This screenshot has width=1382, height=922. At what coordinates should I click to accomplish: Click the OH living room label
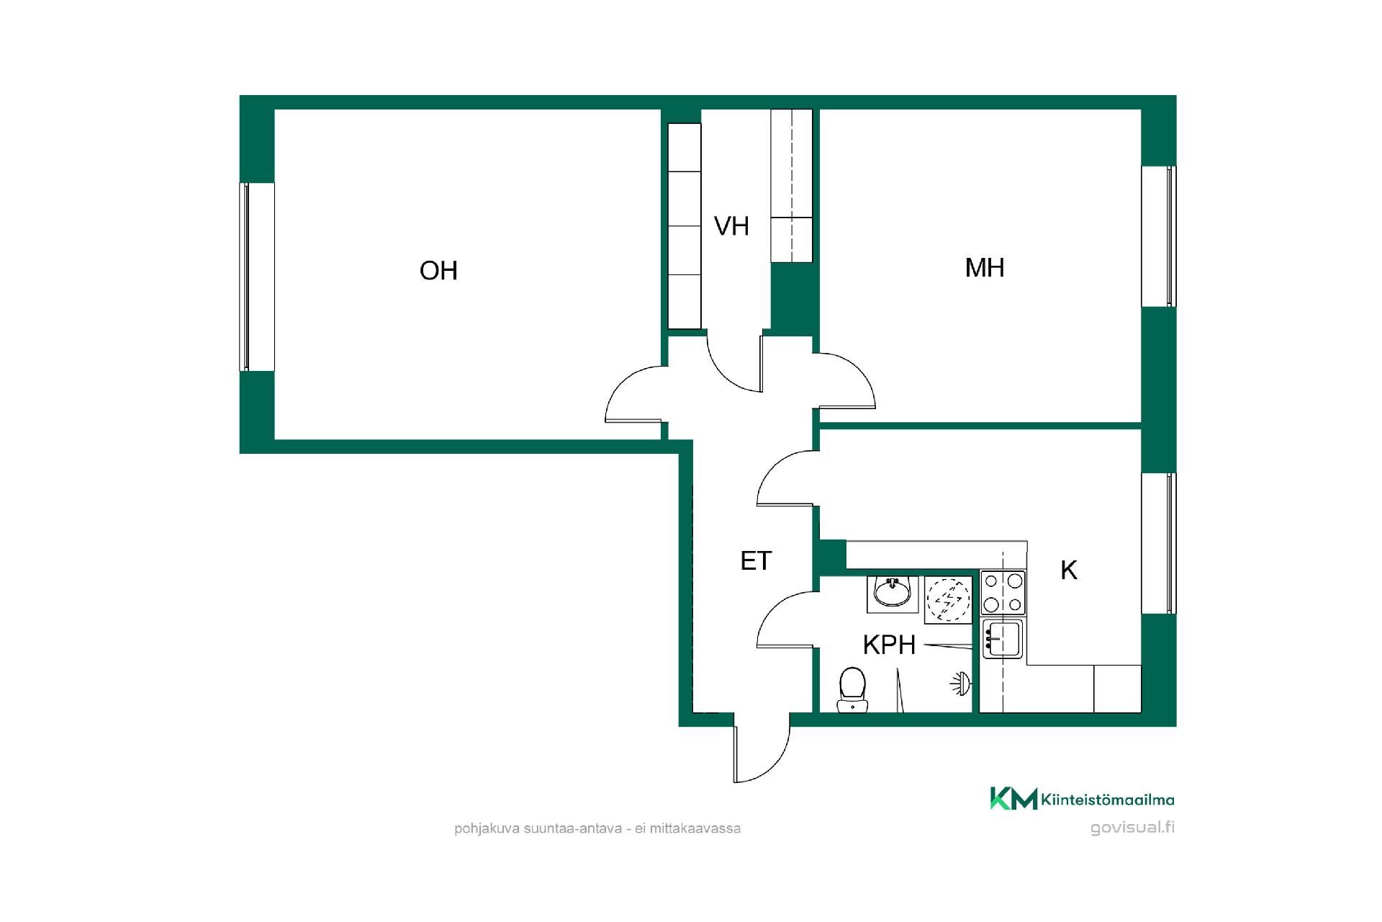(x=438, y=270)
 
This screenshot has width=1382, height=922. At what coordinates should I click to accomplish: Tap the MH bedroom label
(x=984, y=268)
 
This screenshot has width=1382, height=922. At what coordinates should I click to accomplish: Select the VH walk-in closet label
(x=731, y=226)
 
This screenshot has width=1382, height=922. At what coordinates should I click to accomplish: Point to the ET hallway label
(x=756, y=560)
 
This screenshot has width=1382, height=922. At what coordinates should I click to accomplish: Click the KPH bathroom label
(x=889, y=645)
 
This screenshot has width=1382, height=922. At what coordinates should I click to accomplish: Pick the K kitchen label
(x=1069, y=570)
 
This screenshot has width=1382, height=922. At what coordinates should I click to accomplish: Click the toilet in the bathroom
(x=852, y=689)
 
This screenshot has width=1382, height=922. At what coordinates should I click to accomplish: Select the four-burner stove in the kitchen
(x=1003, y=592)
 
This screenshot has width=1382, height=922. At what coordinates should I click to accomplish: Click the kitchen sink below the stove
(x=1003, y=639)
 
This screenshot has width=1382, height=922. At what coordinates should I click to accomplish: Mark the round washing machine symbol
(x=947, y=600)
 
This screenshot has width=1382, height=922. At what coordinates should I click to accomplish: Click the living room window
(x=245, y=277)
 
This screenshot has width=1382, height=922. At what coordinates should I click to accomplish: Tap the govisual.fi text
(x=1132, y=827)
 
